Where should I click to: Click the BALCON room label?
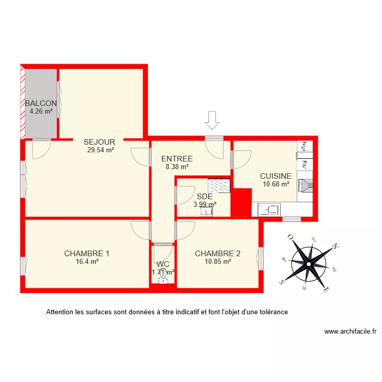pyautogui.click(x=41, y=103)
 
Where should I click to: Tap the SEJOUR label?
pyautogui.click(x=99, y=142)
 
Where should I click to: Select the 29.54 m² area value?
pyautogui.click(x=100, y=150)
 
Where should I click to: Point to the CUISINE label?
pyautogui.click(x=276, y=176)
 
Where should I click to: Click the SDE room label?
pyautogui.click(x=204, y=197)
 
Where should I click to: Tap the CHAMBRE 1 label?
pyautogui.click(x=87, y=254)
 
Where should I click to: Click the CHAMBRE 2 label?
pyautogui.click(x=217, y=254)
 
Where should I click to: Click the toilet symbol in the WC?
pyautogui.click(x=163, y=277)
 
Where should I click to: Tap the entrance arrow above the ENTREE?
pyautogui.click(x=212, y=120)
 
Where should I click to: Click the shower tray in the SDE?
pyautogui.click(x=220, y=185)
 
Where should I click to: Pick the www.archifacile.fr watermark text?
pyautogui.click(x=350, y=332)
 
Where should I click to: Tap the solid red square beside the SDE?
pyautogui.click(x=241, y=202)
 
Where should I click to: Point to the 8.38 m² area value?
pyautogui.click(x=177, y=167)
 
